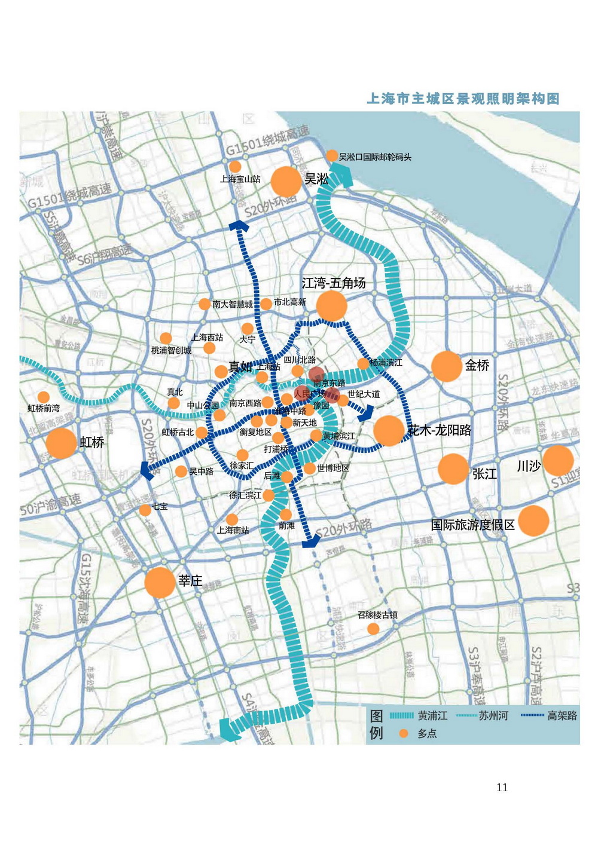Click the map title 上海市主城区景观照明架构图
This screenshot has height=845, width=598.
coord(463,99)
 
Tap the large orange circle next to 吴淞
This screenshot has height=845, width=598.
coord(286,182)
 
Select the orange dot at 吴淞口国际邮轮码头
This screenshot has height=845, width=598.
coord(332,156)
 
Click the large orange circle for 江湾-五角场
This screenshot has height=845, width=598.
coord(331,306)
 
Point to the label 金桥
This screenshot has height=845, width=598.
coord(477,365)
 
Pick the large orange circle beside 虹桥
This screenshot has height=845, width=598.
coord(61,443)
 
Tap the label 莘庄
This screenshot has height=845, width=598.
coord(190,580)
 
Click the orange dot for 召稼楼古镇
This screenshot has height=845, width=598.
coord(373,629)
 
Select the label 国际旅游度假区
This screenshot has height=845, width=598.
coord(473,525)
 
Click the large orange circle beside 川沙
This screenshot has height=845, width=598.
coord(558,460)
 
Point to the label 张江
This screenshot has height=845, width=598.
coord(484,473)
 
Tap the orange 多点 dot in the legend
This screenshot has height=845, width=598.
coord(404,733)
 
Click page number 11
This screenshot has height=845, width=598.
coord(502,787)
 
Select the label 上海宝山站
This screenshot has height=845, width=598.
coord(240,179)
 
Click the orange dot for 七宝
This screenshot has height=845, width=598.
coord(145,510)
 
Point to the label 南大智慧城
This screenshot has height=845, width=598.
coord(233,304)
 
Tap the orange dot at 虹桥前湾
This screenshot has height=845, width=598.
coord(43,397)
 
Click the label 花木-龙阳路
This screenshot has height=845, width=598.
coord(440,430)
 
